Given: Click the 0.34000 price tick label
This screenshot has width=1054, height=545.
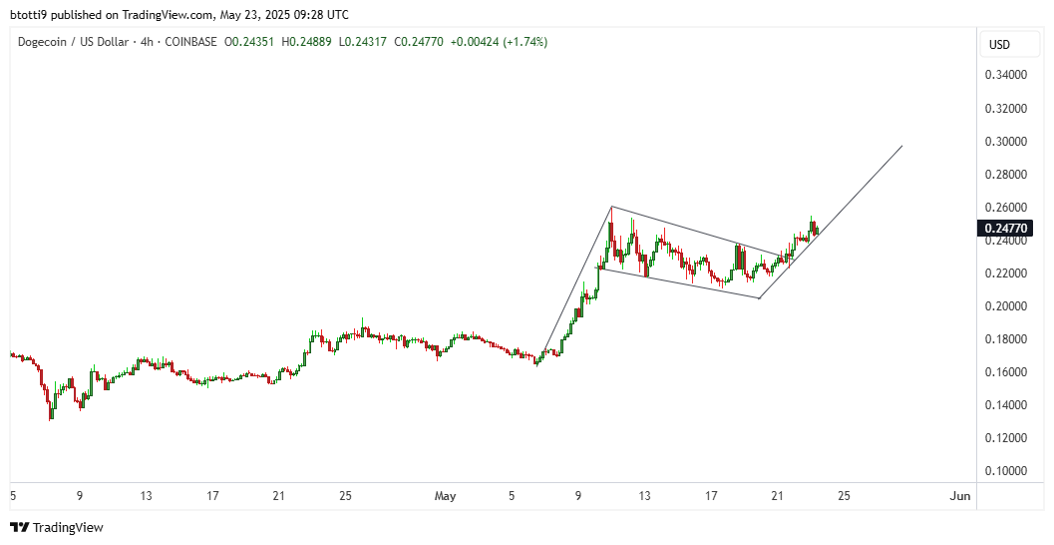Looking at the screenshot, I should tap(1006, 75).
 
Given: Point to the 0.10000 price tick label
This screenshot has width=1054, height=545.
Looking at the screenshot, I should tap(1006, 470).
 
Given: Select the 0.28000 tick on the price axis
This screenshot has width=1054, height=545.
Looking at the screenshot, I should tap(1006, 174).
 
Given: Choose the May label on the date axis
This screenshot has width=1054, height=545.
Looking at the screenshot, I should tap(445, 495).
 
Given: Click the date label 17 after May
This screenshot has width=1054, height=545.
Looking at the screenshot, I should tap(711, 495).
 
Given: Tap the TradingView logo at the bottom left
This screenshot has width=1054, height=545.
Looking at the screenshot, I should tap(57, 527).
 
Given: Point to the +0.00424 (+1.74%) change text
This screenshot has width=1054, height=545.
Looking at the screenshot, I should tap(499, 42).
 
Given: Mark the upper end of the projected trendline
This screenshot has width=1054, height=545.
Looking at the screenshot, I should tap(901, 147).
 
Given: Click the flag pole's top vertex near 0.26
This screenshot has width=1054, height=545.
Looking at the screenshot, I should tap(611, 207).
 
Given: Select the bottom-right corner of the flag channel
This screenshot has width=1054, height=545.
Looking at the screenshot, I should tap(759, 297).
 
